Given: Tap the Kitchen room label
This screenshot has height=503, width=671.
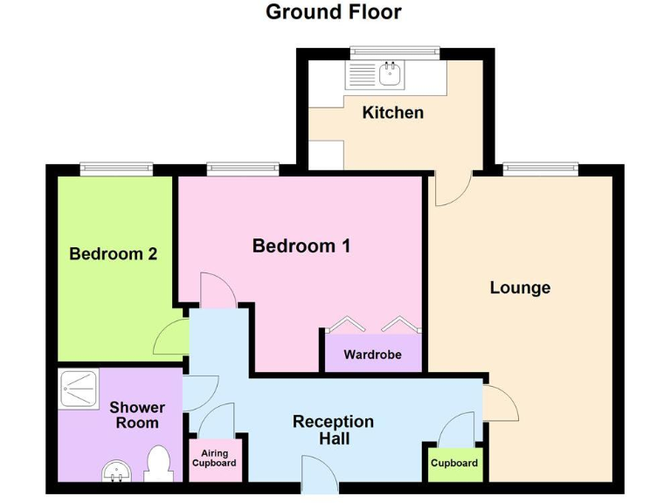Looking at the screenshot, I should point(392,113).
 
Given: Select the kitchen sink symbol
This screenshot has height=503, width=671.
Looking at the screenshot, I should point(375,75).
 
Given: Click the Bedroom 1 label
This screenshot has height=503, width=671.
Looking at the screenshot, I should point(301,246).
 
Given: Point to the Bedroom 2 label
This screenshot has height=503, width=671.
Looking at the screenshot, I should point(114,254).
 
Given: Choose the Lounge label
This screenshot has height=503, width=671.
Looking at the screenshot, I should point(520,287).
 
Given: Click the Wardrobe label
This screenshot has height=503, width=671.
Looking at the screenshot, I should point(372,355).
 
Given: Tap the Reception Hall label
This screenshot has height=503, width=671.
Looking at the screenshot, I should point(333,430).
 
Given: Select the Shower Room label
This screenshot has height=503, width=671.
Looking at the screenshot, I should point(137,415).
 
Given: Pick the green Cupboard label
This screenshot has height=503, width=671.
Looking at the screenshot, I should point(454,463).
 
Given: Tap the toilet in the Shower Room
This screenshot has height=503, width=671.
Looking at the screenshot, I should point(157,464).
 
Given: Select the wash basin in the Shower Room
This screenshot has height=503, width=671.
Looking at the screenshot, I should point(116,472).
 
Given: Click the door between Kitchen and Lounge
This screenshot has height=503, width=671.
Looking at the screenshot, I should point(453,188).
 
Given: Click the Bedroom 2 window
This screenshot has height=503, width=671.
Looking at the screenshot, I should point(116,169).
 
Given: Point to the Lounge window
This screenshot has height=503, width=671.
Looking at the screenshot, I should point(540,169).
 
